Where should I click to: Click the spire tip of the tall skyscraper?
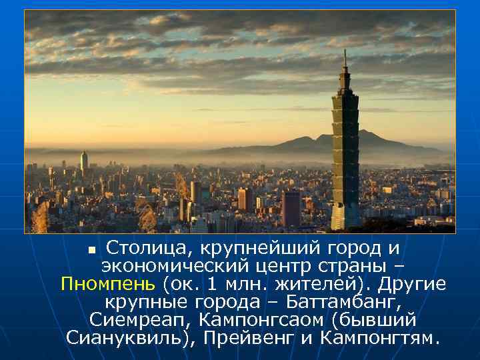click(345, 51)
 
